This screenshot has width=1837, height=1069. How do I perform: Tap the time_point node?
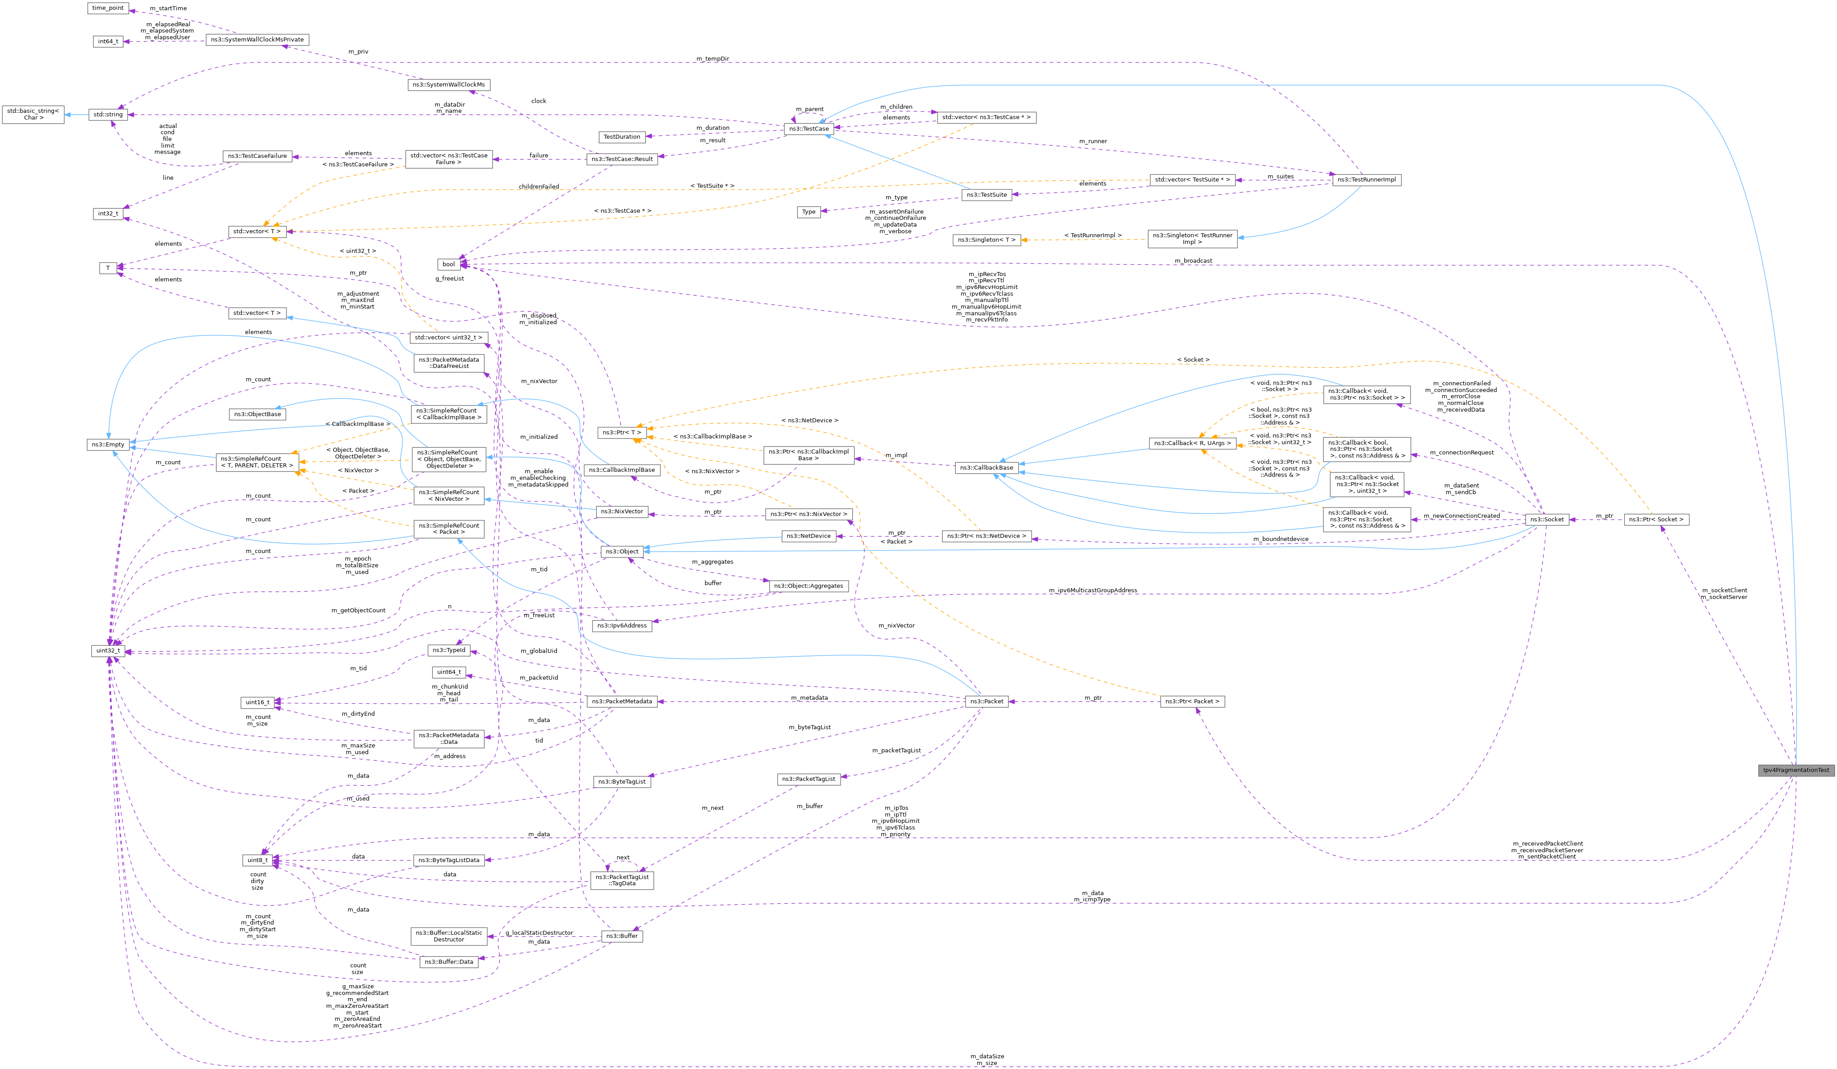tap(108, 8)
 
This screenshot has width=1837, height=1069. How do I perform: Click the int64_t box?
tap(108, 41)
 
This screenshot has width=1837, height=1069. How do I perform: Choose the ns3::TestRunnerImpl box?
tap(1366, 179)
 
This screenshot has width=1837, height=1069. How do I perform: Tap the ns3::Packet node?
tap(986, 701)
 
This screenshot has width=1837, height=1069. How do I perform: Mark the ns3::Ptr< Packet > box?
tap(1192, 701)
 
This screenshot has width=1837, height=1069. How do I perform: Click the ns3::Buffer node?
tap(622, 936)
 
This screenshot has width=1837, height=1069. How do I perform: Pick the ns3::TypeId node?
tap(448, 650)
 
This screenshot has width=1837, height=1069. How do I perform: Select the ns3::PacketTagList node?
tap(809, 779)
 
